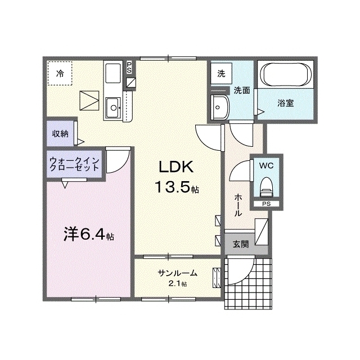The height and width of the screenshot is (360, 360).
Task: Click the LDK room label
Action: pyautogui.click(x=175, y=166)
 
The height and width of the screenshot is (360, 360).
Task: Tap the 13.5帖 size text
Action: pyautogui.click(x=175, y=187)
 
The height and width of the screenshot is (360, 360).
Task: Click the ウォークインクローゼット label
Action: pyautogui.click(x=74, y=164)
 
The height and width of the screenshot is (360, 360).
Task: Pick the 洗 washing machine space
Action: pyautogui.click(x=222, y=73)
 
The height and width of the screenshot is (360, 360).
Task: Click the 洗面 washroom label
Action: pyautogui.click(x=242, y=90)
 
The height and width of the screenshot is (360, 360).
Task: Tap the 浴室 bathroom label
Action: pyautogui.click(x=285, y=103)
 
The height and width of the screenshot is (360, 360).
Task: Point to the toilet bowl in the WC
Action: pyautogui.click(x=265, y=186)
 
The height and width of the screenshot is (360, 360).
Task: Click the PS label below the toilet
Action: pyautogui.click(x=265, y=204)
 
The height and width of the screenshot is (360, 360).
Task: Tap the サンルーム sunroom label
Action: pyautogui.click(x=177, y=273)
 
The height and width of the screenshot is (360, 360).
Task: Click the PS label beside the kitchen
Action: pyautogui.click(x=129, y=67)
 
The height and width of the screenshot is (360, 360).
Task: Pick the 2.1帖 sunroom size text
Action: pyautogui.click(x=177, y=283)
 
